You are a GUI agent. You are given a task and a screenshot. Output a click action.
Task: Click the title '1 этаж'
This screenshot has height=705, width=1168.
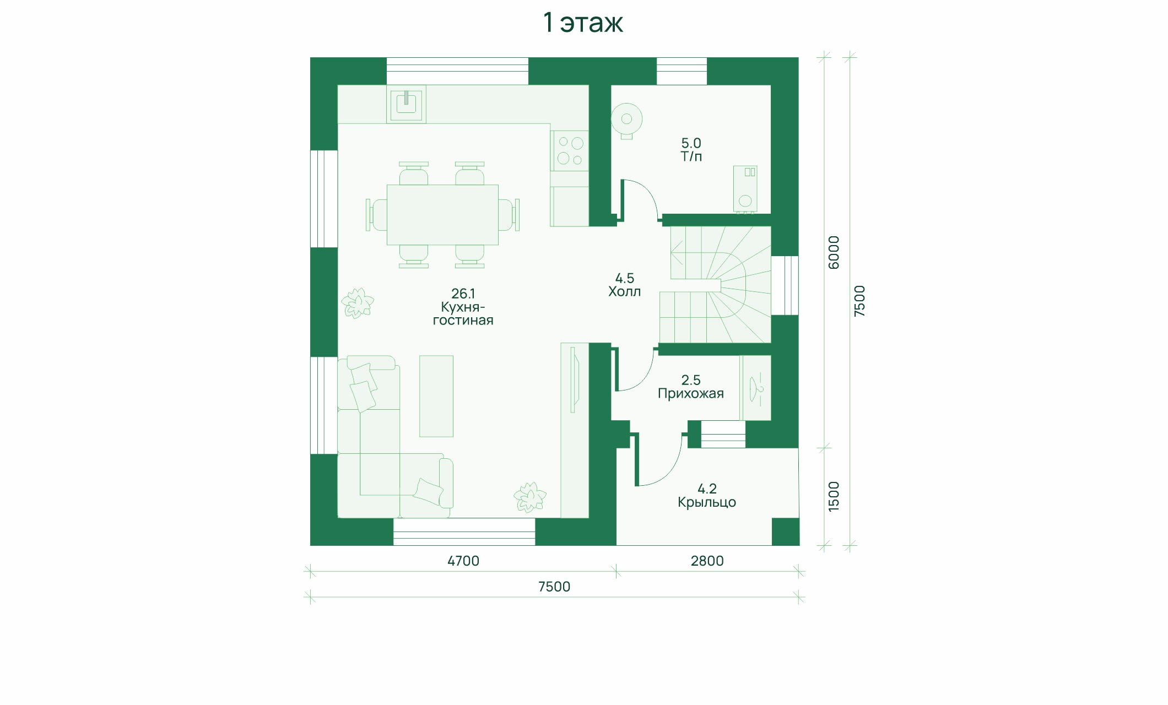pos(583,23)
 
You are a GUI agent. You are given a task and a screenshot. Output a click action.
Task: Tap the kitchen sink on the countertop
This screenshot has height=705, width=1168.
pos(406,104)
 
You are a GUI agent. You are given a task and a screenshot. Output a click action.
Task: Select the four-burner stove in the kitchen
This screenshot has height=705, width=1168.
pos(570,151)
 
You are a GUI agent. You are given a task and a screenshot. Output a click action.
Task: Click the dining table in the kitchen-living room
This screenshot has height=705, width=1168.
pos(442,215)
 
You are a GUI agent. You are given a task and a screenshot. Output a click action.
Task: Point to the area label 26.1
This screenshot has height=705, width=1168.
pos(463,294)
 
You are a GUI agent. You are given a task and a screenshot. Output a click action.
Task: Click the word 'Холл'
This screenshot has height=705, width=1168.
pos(624,292)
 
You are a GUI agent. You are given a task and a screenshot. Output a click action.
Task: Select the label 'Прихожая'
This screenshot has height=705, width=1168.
pos(691,394)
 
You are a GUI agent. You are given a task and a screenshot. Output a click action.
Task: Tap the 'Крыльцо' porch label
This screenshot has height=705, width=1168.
pos(707,502)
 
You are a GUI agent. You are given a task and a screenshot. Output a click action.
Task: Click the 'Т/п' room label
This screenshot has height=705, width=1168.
pos(691,156)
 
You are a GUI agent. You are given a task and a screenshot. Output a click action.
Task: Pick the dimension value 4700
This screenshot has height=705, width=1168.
pos(463,561)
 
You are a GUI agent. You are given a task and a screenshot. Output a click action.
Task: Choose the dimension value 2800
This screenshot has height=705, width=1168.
pos(707,561)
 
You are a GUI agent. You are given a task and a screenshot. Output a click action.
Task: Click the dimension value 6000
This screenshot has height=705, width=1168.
pos(834,252)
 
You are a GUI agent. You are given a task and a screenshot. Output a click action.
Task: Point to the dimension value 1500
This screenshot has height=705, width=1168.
pos(834,496)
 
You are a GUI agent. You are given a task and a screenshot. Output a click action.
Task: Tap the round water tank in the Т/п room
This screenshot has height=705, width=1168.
pos(626,119)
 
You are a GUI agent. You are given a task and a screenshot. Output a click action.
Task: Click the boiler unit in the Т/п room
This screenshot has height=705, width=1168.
pos(745,189)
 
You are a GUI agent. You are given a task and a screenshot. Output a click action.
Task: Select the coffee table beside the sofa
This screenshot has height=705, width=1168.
pos(436,396)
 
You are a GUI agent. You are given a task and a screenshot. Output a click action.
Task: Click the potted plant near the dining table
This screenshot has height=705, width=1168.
pos(358,303)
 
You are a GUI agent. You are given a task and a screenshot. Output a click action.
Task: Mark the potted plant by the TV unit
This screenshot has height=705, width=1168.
pos(530,497)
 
